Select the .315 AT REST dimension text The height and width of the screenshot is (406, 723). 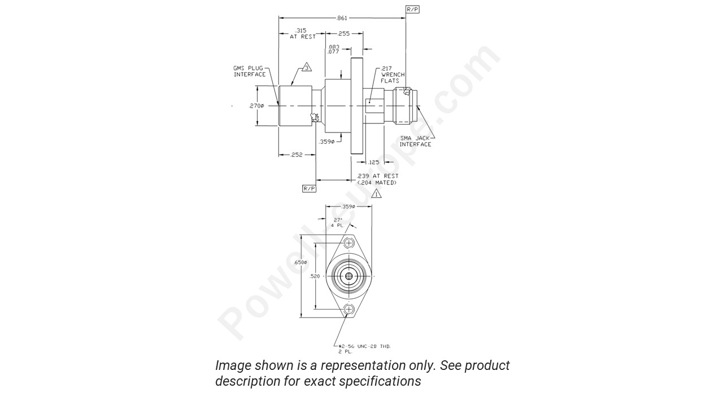[x=302, y=33]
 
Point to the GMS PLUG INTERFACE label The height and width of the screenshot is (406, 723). [x=250, y=71]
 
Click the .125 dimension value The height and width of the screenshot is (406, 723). [x=373, y=162]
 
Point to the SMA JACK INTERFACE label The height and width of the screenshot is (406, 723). [x=415, y=141]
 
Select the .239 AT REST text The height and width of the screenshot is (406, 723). [x=378, y=176]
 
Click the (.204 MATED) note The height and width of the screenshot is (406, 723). [x=377, y=183]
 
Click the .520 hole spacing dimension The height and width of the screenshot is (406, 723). [x=315, y=276]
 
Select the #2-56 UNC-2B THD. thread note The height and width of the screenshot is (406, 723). [x=365, y=346]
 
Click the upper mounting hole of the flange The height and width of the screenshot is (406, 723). [x=349, y=243]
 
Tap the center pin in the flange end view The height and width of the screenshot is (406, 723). [x=349, y=276]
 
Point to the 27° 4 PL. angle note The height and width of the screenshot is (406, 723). [x=337, y=222]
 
